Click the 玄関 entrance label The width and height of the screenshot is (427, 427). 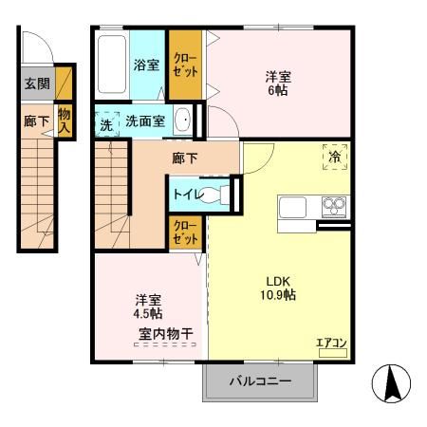(37, 84)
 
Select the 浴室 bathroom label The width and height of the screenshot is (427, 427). (146, 66)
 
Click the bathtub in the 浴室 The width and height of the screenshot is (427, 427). (112, 64)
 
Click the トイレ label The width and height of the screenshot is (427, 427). (185, 194)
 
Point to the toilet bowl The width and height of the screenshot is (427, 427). (216, 195)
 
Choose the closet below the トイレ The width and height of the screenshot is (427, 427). (183, 232)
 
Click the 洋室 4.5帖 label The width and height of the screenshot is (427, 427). (146, 305)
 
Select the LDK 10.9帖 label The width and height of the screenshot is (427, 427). (273, 287)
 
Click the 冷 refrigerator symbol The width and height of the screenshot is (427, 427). (335, 157)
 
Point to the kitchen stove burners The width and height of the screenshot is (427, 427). (334, 204)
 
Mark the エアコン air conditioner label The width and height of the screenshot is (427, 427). (331, 343)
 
